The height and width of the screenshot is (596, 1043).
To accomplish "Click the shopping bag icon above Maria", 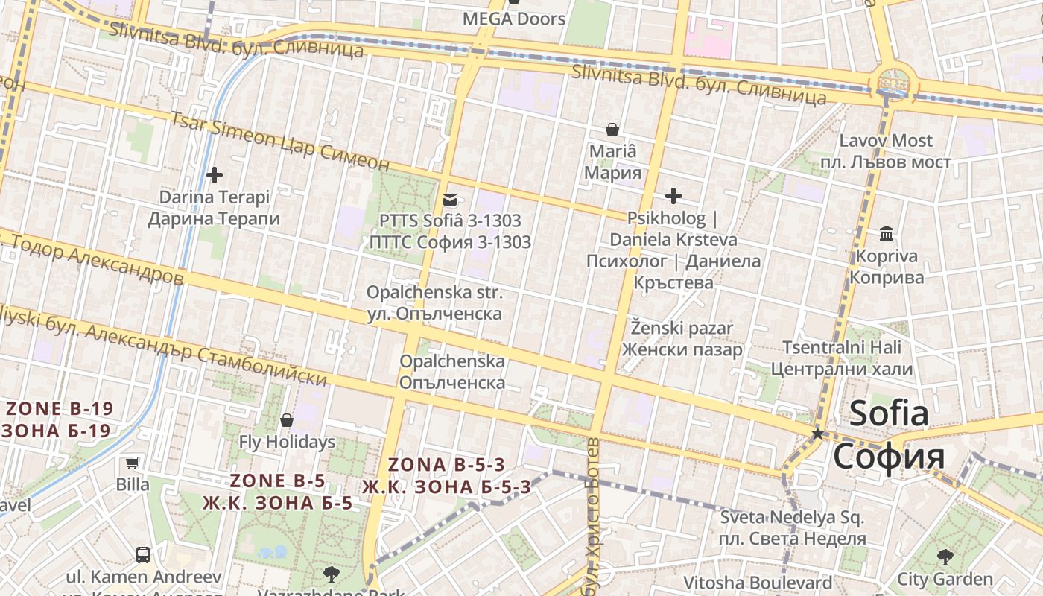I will (612, 130).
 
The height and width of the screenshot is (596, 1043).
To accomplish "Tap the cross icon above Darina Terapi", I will (215, 176).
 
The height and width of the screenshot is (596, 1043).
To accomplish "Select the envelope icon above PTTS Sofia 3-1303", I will (450, 200).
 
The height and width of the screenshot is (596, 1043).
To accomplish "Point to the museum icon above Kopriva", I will (887, 234).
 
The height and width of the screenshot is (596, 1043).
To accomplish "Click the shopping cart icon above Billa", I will (133, 463).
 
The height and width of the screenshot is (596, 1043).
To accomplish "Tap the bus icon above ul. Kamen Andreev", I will (143, 555).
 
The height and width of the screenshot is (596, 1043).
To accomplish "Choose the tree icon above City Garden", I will (945, 557).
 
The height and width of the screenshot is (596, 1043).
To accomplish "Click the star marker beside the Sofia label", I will (817, 434).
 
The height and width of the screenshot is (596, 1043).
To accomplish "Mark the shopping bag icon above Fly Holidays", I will (287, 421).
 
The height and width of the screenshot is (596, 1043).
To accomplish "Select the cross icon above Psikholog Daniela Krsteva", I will (673, 197).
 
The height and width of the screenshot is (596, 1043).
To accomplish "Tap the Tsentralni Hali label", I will (841, 358).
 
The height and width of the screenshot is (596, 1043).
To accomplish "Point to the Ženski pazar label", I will (682, 338).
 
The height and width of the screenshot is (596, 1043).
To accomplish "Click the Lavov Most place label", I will (886, 151).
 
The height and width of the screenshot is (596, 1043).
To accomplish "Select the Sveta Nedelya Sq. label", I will (793, 527).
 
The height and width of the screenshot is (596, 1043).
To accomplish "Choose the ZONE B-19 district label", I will (58, 419).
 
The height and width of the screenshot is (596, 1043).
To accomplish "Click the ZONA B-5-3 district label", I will (446, 475).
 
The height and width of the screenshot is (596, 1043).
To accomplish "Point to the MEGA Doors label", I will (514, 19).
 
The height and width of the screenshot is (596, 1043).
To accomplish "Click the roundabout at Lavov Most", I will (893, 81).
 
